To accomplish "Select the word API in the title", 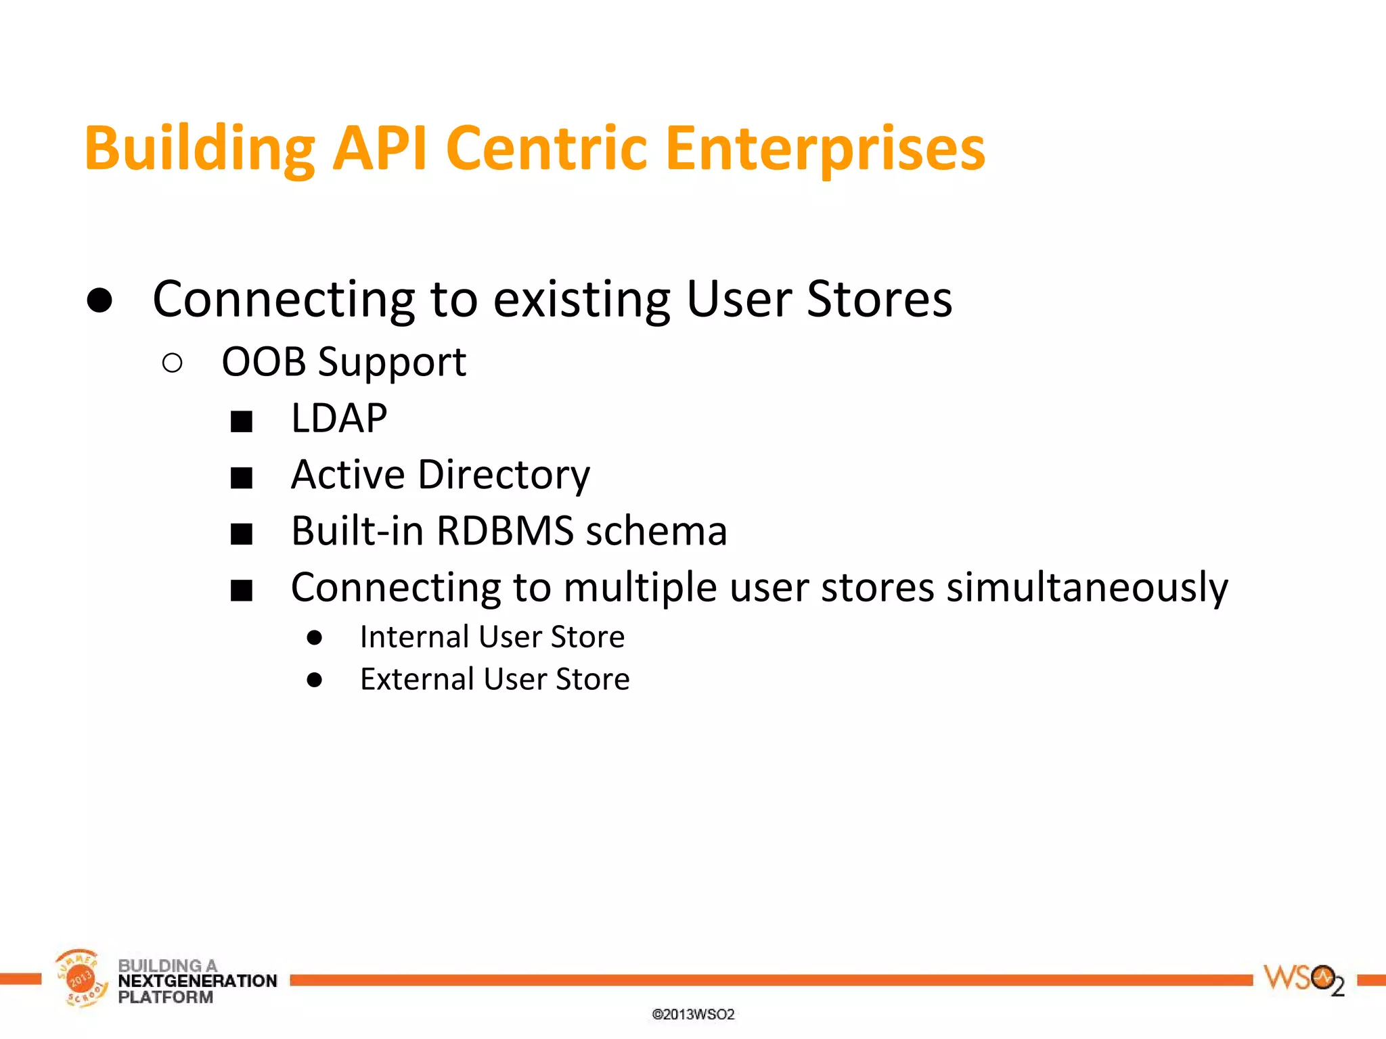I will pos(380,149).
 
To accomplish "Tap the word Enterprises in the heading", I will pos(825,149).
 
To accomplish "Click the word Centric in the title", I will pos(547,149).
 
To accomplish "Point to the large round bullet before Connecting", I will pos(99,300).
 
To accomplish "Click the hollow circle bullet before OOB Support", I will pos(173,363).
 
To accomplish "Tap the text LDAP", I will pos(338,418).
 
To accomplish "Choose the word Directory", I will pos(504,475).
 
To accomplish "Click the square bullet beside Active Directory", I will pos(242,478).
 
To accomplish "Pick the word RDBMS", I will pos(505,531).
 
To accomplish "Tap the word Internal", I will pos(414,637).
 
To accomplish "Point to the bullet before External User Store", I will pos(314,680).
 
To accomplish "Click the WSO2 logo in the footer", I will pos(1303,979).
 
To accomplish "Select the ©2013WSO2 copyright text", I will pos(693,1014).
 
